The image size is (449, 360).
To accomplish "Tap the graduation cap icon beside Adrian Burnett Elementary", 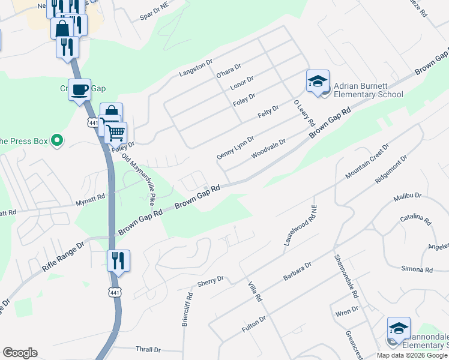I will click(318, 83).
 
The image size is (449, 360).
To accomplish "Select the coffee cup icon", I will click(79, 91).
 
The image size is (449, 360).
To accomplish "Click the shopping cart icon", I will click(116, 132).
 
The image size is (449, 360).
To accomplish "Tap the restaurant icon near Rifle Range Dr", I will click(118, 261).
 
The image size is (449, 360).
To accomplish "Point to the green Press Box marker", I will click(57, 141).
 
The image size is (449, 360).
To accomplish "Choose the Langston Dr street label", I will click(196, 68).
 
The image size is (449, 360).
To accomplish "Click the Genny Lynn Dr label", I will click(235, 147).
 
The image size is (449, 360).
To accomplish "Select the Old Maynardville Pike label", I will click(139, 177).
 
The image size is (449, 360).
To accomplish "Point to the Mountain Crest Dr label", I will click(367, 161).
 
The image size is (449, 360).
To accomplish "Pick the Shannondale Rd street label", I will click(346, 277).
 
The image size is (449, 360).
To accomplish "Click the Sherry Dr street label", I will click(211, 281).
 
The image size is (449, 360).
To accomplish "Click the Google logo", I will click(20, 353).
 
